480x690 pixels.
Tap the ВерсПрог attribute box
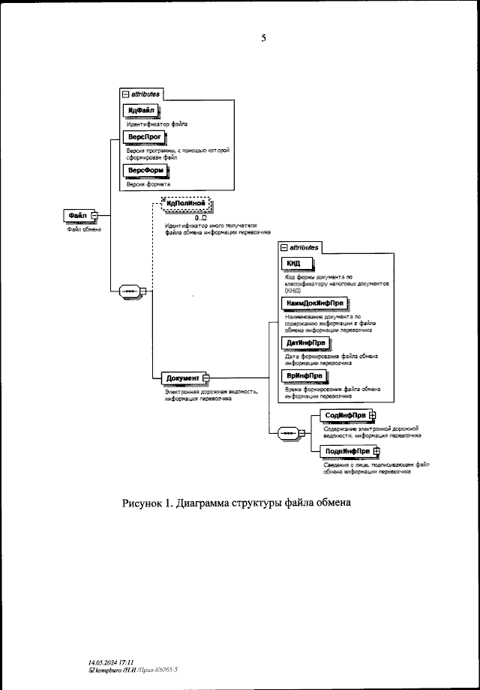[142, 138]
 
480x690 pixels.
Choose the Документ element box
[184, 379]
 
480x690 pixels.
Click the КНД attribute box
[295, 263]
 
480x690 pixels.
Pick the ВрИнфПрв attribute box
[304, 375]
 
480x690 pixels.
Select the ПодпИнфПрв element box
[346, 451]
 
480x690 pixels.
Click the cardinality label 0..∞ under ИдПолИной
[200, 217]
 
